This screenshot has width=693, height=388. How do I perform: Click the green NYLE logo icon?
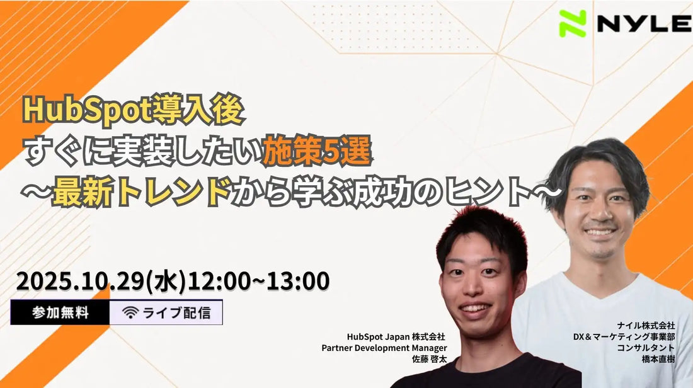coord(572,23)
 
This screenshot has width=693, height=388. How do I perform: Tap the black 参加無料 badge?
coord(60,312)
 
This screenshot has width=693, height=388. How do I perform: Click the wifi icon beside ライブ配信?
coord(130,313)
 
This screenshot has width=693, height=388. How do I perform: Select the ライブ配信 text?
coord(176,313)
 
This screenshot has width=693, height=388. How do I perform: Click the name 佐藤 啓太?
coord(429,359)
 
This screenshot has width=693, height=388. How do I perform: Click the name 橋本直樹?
coord(658,359)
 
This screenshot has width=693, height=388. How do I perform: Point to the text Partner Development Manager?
coord(384,348)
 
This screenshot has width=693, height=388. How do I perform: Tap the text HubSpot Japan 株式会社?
coord(396,337)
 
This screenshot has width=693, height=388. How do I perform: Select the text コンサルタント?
coord(646,348)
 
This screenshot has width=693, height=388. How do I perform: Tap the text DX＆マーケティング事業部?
coord(624,337)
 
